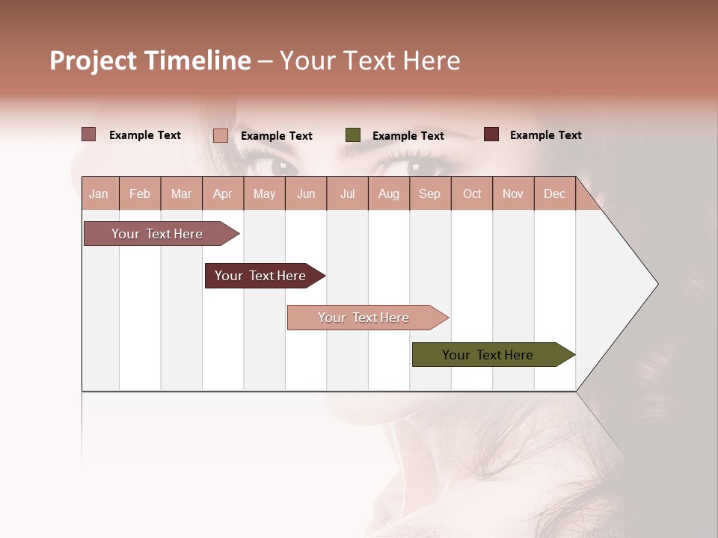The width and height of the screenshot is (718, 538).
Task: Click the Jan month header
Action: click(x=99, y=194)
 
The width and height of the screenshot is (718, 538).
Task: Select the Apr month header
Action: click(x=223, y=194)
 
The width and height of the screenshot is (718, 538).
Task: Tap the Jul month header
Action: click(x=347, y=194)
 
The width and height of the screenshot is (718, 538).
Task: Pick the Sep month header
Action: click(x=429, y=194)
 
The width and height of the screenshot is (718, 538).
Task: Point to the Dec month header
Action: click(x=554, y=194)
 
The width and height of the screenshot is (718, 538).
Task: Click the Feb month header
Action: click(x=140, y=194)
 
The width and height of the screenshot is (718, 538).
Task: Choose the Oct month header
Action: click(x=472, y=194)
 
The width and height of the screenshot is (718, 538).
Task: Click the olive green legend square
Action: click(x=353, y=135)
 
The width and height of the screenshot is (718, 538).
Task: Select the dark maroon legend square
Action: click(x=491, y=134)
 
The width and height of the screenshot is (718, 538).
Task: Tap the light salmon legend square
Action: click(x=221, y=135)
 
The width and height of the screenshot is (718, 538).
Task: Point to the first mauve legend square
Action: click(x=89, y=134)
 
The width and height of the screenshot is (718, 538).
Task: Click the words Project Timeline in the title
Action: click(x=150, y=61)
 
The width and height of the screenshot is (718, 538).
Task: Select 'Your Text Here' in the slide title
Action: click(x=369, y=61)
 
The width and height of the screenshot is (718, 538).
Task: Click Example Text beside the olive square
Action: click(x=408, y=136)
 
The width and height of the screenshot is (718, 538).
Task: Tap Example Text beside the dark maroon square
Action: click(x=546, y=135)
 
